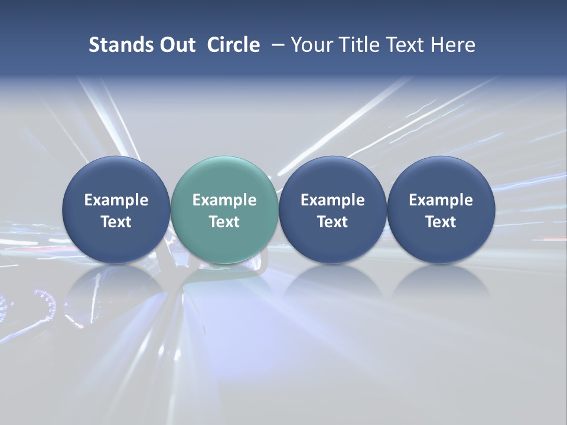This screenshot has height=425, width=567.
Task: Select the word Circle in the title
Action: (233, 45)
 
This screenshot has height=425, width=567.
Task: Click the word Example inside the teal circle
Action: (224, 200)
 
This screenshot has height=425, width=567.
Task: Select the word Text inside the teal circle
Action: (224, 222)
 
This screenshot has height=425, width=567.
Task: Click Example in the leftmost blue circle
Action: (116, 200)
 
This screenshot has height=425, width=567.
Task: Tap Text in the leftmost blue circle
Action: (116, 222)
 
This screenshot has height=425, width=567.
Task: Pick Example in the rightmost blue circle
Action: (441, 200)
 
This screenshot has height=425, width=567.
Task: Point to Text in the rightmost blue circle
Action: (441, 222)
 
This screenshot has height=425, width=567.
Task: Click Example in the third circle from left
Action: (333, 200)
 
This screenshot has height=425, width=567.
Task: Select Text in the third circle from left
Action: (333, 222)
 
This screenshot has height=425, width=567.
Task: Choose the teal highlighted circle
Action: (224, 177)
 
